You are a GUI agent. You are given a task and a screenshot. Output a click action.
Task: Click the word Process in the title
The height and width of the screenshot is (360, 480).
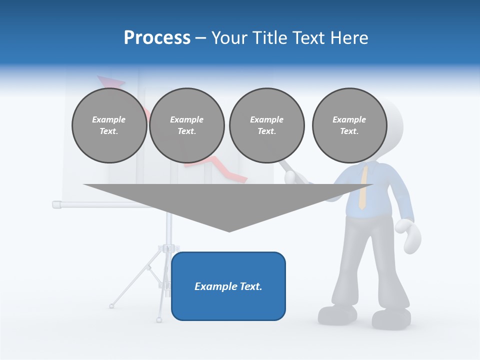coord(157,38)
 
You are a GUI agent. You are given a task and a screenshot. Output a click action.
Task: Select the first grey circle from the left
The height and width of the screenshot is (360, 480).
coord(109,125)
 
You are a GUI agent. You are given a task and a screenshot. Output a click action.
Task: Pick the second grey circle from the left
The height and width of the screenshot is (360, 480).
coord(186,125)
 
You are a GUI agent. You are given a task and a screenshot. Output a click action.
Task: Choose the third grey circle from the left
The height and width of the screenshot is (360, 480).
coord(266,125)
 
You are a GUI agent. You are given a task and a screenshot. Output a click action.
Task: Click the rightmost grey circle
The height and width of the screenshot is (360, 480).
coord(349,125)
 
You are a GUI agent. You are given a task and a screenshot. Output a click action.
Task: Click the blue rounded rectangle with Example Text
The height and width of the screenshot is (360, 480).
coord(228,286)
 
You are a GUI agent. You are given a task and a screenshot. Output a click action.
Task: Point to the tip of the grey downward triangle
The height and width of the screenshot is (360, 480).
coord(229,231)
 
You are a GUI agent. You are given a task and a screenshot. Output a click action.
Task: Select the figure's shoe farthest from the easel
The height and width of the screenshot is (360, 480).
coord(391,318)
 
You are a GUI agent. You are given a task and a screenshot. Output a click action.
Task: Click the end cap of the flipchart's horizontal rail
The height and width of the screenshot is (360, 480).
coord(56,204)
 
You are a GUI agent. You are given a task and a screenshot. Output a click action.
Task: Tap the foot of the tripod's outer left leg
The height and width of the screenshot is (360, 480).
coord(111,305)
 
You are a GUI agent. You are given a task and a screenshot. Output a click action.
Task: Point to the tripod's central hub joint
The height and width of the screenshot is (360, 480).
coord(168,248)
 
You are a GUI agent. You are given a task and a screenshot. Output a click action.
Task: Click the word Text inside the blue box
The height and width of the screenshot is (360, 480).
coord(251,286)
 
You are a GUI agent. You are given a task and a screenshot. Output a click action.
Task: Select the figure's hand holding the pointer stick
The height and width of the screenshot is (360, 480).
coord(291,177)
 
